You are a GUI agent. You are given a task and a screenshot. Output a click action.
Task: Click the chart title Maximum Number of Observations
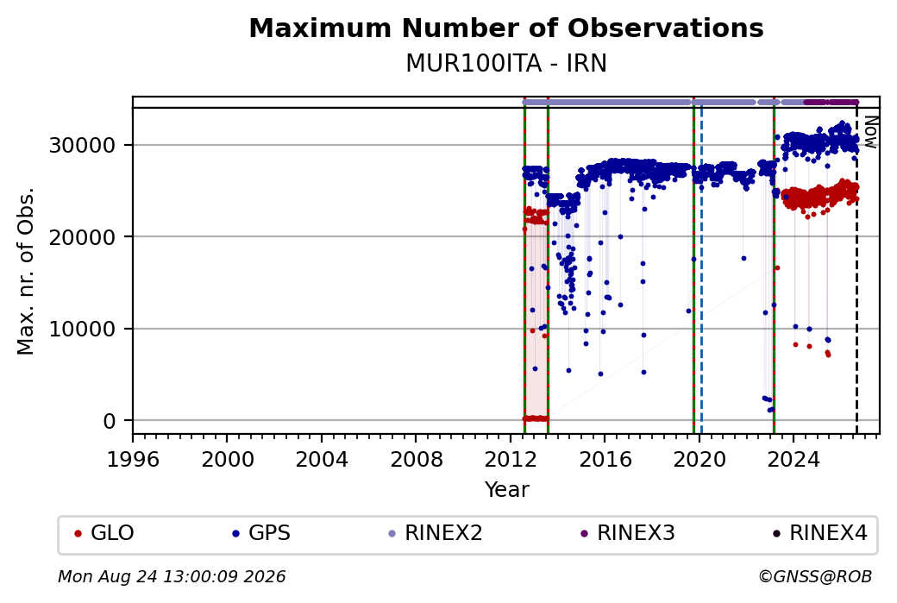click(x=506, y=28)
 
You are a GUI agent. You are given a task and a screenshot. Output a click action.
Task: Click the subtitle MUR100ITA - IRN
click(x=506, y=64)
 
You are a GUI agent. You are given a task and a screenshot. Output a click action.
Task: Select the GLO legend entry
click(x=104, y=533)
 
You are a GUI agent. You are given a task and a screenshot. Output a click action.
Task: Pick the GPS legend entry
click(x=260, y=533)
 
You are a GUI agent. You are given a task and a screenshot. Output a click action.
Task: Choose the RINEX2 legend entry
click(x=436, y=533)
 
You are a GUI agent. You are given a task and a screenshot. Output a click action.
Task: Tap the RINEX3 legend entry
click(x=628, y=533)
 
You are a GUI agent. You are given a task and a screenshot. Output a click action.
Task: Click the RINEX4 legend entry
click(x=819, y=533)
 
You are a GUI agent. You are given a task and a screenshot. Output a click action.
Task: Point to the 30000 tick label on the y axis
click(x=83, y=145)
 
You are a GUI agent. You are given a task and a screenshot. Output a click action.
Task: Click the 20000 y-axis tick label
click(x=83, y=237)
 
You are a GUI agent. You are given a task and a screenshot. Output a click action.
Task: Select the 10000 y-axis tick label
click(x=83, y=330)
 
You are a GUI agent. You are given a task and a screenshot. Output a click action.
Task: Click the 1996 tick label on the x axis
click(x=133, y=460)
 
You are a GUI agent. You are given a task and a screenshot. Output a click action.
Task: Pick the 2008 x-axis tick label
click(x=416, y=460)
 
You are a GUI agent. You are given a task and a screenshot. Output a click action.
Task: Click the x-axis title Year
click(x=507, y=490)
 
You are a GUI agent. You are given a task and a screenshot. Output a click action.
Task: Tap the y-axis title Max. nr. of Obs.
click(x=26, y=271)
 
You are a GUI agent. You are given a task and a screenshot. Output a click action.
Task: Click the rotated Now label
click(x=870, y=132)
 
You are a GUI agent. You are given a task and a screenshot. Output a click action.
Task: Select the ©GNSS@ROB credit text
click(x=815, y=576)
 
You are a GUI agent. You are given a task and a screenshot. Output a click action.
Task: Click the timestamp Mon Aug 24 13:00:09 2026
click(x=172, y=576)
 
